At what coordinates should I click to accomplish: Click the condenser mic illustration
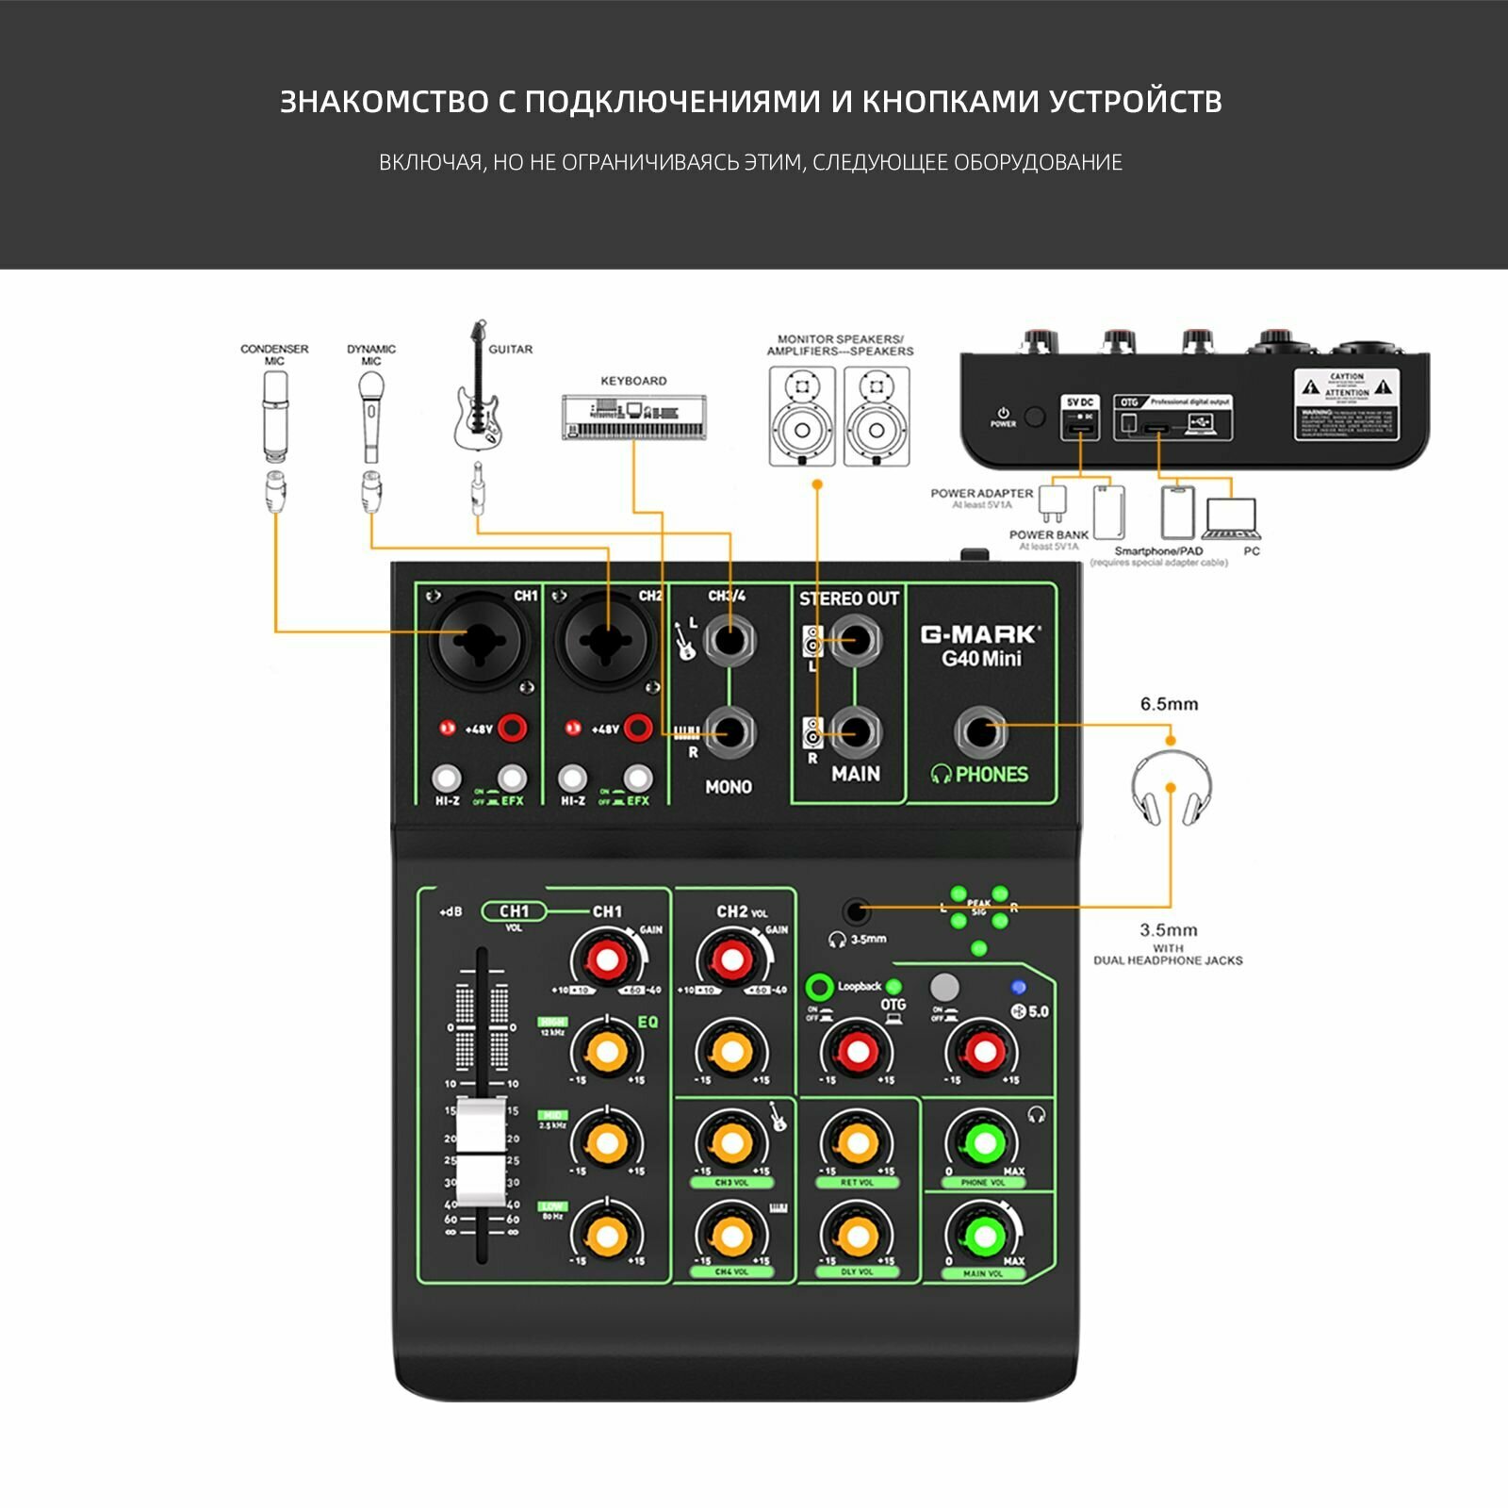(274, 416)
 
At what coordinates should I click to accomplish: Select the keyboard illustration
(633, 417)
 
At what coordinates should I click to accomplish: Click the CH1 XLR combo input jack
(480, 642)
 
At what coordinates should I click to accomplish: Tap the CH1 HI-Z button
(447, 779)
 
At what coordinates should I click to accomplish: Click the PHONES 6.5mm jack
(981, 731)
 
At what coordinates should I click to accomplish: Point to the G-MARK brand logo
(981, 634)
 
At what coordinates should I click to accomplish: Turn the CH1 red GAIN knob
(607, 959)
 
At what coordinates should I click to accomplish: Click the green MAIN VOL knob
(982, 1235)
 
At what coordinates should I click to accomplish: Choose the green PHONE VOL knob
(982, 1143)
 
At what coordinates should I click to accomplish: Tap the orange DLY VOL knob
(857, 1235)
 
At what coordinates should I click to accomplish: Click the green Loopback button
(819, 988)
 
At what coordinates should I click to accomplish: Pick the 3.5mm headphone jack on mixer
(856, 911)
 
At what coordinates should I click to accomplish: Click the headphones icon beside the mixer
(1171, 790)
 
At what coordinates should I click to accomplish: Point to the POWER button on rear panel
(1035, 417)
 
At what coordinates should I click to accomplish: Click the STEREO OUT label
(848, 598)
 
